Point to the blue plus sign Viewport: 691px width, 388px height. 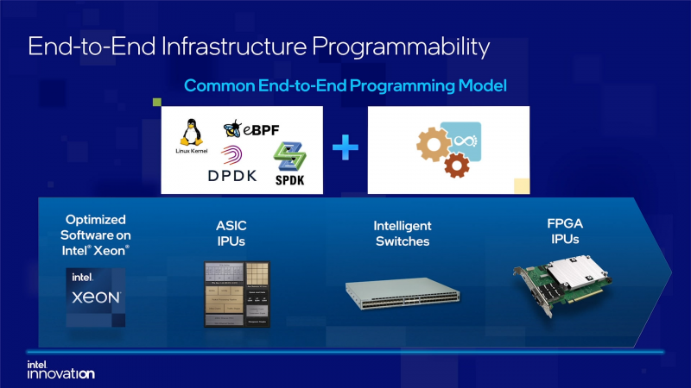[x=345, y=148]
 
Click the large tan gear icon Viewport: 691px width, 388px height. [x=434, y=142]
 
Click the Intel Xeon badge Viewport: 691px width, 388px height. [x=96, y=296]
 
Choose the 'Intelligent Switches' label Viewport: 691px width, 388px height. [x=402, y=233]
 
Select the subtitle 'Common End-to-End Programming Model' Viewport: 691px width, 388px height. [x=345, y=86]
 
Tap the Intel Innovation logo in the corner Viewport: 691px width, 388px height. [x=60, y=369]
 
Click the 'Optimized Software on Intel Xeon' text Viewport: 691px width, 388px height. [x=96, y=233]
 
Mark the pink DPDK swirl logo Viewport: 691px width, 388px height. [x=232, y=156]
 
